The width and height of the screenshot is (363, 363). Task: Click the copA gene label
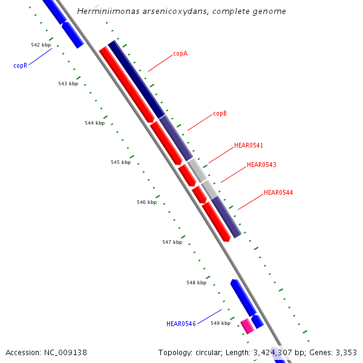(x=180, y=54)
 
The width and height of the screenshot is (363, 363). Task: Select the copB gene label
(x=220, y=114)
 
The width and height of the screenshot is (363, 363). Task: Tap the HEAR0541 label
(x=249, y=146)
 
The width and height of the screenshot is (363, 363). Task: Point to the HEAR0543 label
(x=261, y=165)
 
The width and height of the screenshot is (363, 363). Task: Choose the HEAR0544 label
(x=278, y=192)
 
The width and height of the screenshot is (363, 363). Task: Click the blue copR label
(x=20, y=65)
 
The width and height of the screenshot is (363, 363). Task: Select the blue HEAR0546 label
(x=181, y=324)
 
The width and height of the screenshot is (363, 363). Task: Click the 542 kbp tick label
(x=41, y=45)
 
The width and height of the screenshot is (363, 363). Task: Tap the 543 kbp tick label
(x=68, y=83)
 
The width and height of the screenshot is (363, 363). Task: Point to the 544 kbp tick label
(x=94, y=123)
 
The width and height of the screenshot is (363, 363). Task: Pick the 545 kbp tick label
(x=120, y=162)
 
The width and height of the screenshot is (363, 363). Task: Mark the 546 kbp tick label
(x=146, y=202)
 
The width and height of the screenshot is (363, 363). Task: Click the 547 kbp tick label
(x=172, y=242)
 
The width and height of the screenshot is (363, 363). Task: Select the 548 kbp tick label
(x=196, y=283)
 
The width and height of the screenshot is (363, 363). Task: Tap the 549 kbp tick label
(x=220, y=323)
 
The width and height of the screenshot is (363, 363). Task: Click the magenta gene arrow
(x=247, y=326)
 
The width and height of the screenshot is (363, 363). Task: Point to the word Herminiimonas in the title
(x=104, y=11)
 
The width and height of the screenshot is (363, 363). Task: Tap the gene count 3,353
(x=345, y=352)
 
